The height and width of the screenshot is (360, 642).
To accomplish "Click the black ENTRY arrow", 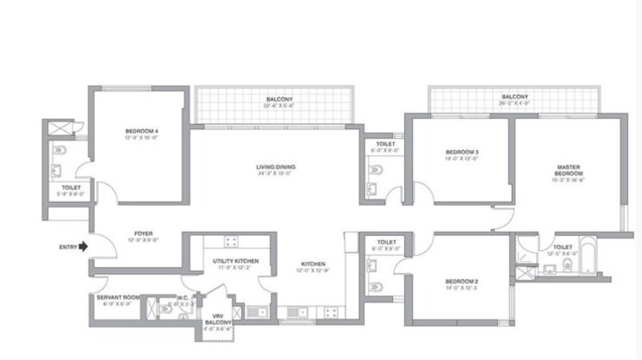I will tap(83, 245).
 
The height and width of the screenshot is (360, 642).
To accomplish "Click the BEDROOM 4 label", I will tap(141, 131).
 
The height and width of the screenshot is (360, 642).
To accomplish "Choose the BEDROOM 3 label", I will tap(462, 152).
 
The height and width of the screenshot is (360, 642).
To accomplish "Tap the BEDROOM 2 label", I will tap(462, 282).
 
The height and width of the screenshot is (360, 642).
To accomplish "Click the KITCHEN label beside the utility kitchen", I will tap(313, 264).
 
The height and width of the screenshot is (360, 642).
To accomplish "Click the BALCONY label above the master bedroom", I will tap(514, 96).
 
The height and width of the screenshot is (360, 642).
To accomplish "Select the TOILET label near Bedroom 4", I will tap(72, 187).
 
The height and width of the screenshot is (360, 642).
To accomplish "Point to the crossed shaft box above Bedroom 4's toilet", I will tap(63, 130).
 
